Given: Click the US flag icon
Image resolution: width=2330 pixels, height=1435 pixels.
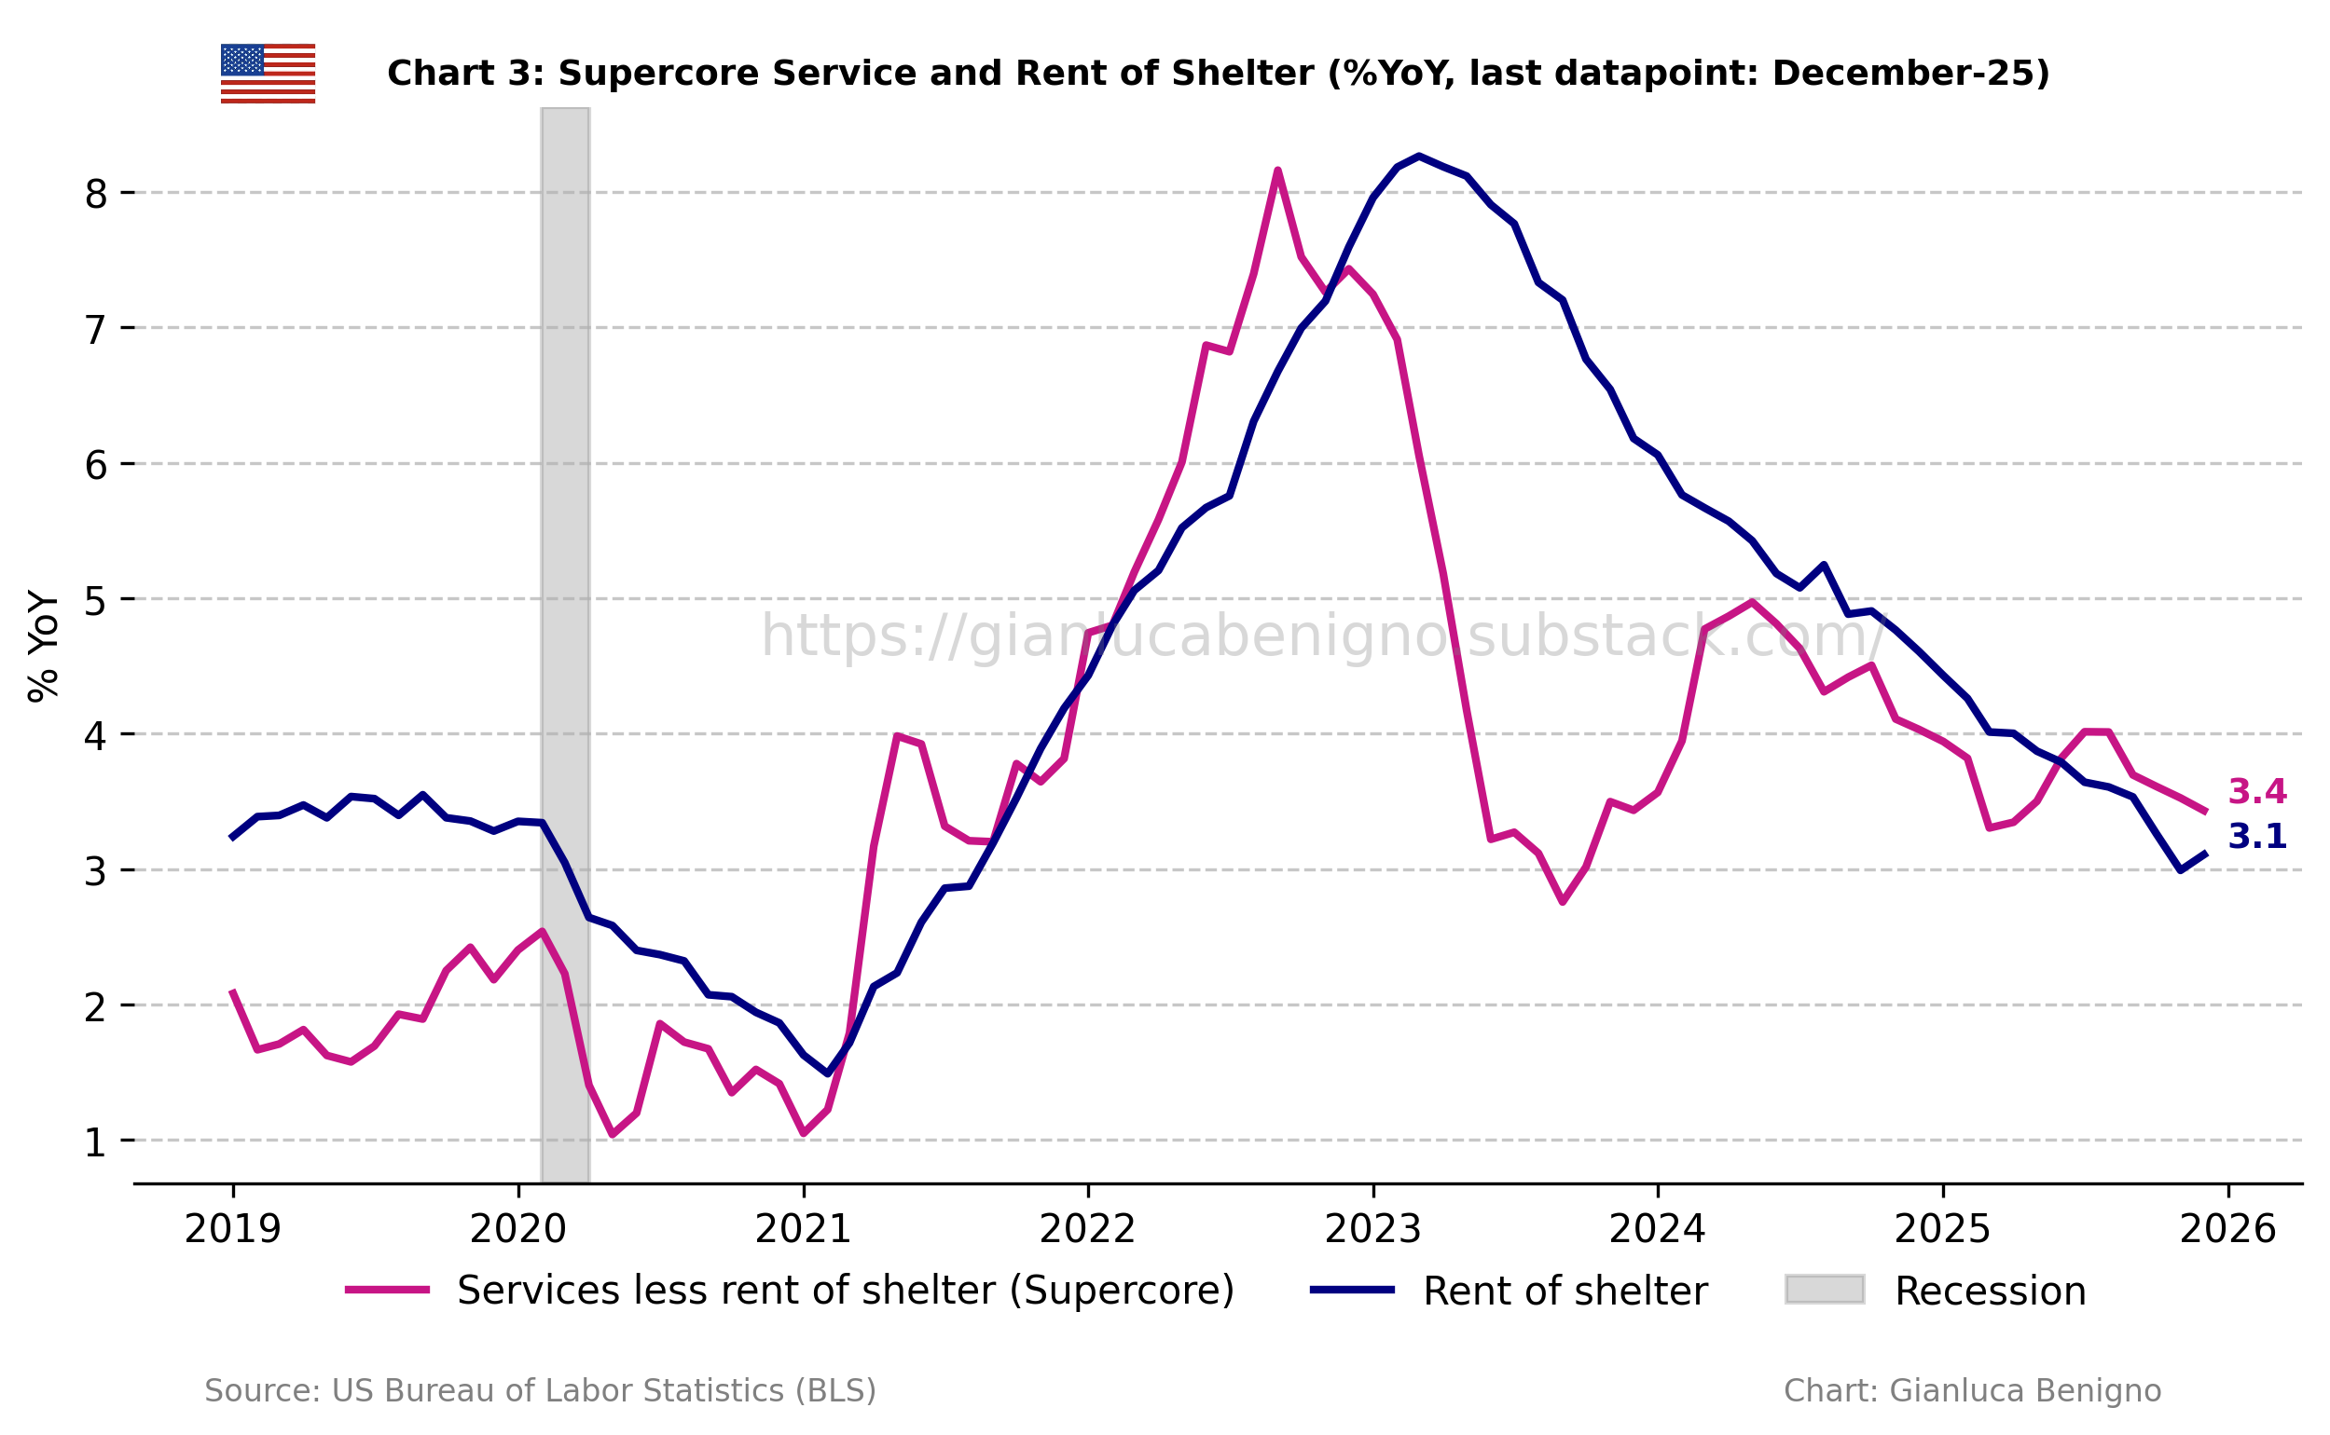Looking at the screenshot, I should pyautogui.click(x=268, y=73).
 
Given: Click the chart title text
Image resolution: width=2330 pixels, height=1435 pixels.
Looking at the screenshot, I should pyautogui.click(x=1219, y=73).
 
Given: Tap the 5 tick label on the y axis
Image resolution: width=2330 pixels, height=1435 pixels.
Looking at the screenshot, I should pyautogui.click(x=95, y=600).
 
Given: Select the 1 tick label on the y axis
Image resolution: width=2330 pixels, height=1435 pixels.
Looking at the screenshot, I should pyautogui.click(x=95, y=1141).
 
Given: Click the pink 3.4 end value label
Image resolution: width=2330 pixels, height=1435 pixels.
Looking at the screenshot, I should pyautogui.click(x=2256, y=790).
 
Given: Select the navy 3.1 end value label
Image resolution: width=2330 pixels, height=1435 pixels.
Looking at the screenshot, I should pyautogui.click(x=2256, y=836).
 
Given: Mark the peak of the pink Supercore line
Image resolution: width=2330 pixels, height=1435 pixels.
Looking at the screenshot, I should pyautogui.click(x=1277, y=171).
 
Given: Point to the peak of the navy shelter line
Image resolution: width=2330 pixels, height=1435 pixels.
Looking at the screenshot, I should pyautogui.click(x=1418, y=156).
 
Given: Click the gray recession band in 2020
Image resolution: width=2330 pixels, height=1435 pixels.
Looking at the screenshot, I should pyautogui.click(x=565, y=646).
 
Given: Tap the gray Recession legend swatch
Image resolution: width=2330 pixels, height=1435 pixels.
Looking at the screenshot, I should pyautogui.click(x=1824, y=1290).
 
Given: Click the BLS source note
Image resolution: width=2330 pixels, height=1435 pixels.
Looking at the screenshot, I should pyautogui.click(x=540, y=1390).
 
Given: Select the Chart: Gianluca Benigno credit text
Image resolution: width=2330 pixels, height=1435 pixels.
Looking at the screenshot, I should pyautogui.click(x=1971, y=1390).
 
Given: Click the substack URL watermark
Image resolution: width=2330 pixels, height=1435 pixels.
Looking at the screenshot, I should pyautogui.click(x=1319, y=635).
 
